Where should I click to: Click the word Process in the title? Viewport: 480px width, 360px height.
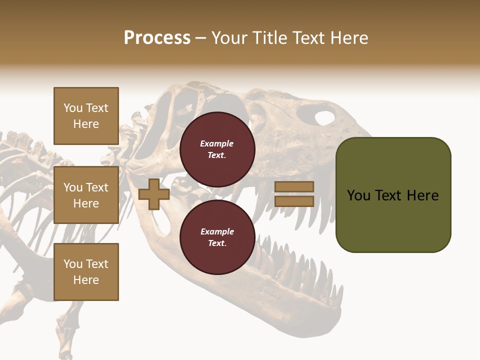157,38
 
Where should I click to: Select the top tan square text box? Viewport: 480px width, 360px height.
86,116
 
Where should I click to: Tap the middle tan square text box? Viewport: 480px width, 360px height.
86,195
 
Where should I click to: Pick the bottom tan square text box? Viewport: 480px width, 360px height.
86,271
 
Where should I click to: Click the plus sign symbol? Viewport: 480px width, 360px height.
154,194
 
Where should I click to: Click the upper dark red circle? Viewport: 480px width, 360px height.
217,149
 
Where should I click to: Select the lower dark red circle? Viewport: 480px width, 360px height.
217,237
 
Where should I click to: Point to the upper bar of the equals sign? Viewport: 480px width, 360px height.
294,186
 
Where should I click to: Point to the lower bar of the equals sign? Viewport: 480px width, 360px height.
294,201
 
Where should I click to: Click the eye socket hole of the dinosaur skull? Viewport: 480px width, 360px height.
324,118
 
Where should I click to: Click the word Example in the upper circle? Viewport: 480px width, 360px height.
217,143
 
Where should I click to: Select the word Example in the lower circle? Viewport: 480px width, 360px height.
217,231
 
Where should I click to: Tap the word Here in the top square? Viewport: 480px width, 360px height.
86,124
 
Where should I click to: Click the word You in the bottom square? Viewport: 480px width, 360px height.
72,263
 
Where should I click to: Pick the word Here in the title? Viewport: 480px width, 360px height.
349,38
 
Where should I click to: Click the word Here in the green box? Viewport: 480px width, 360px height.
422,195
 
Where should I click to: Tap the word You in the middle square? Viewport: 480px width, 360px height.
72,187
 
